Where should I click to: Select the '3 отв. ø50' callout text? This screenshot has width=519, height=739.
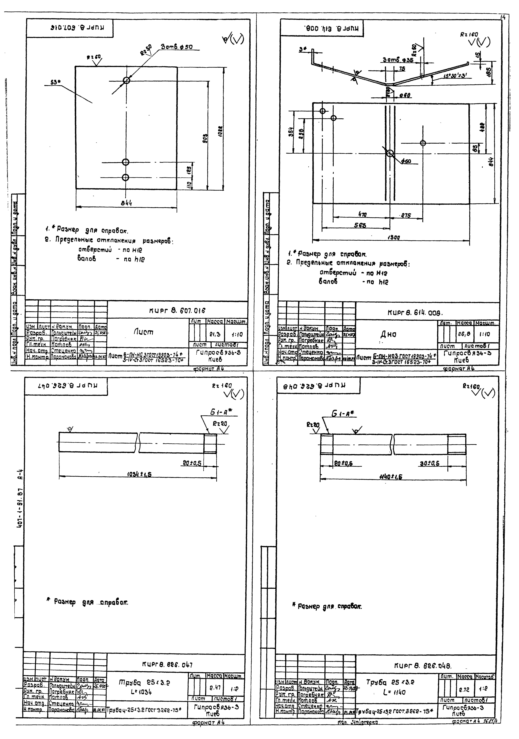pyautogui.click(x=177, y=47)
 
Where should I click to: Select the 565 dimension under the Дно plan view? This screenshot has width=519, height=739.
pyautogui.click(x=360, y=225)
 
